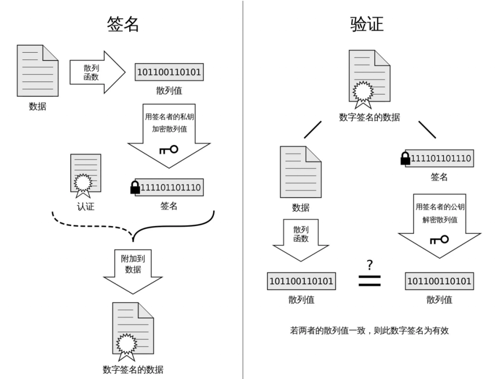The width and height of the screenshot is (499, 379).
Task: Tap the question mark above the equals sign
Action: point(369,265)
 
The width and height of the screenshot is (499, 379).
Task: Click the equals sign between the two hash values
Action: point(370,280)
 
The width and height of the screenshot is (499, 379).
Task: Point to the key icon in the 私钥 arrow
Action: point(168,149)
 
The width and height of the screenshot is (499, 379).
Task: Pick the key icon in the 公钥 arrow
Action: point(439,239)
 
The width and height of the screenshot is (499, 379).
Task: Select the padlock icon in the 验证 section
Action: point(406,159)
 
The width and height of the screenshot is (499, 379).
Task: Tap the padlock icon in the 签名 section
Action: point(135,187)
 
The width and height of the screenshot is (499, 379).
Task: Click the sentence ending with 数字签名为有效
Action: point(370,330)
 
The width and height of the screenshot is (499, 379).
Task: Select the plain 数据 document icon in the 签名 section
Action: point(37,70)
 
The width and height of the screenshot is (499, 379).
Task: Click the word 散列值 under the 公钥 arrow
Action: point(439,300)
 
